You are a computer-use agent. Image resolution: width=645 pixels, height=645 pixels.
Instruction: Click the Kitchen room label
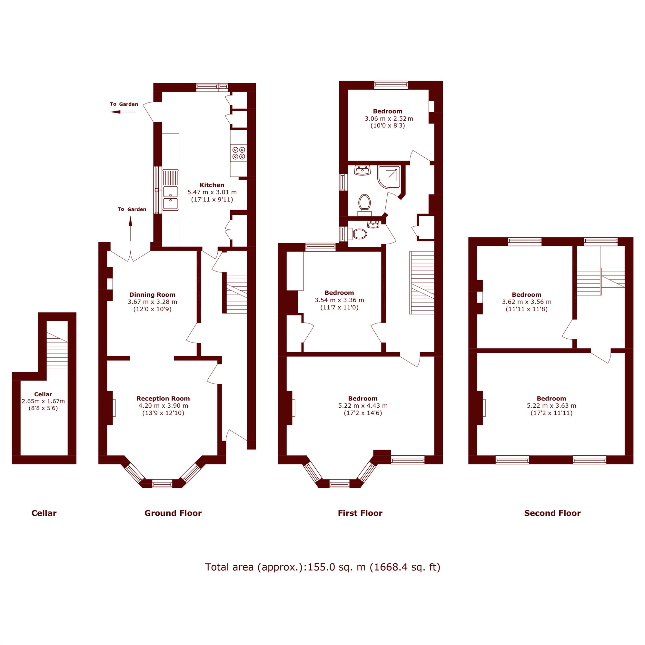pos(212,185)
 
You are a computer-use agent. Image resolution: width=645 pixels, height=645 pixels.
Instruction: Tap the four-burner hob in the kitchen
pos(239,153)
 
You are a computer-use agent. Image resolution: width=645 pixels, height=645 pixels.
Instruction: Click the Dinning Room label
pos(152,294)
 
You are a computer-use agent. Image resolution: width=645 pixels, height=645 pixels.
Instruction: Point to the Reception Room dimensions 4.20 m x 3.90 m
pos(163,406)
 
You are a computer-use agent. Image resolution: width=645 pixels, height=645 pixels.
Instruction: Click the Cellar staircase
pos(57,351)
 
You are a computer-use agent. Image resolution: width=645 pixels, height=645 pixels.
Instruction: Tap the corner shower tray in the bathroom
pos(389,177)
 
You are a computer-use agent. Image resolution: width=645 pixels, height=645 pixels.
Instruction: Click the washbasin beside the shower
pos(362,170)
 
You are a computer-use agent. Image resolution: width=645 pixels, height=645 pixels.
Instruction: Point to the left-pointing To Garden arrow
pos(123,112)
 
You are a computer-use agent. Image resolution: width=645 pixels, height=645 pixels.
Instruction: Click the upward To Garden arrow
pos(131,229)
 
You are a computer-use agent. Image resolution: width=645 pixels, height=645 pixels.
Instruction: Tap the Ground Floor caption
pos(173,513)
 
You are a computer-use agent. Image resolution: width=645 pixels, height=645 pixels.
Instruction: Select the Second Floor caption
pos(552,513)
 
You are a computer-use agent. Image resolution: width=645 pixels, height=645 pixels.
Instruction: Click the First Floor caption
pos(360,513)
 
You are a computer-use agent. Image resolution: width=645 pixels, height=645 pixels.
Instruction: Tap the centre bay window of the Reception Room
pos(162,483)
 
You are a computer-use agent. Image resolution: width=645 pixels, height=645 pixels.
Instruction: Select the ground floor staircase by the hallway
pos(237,294)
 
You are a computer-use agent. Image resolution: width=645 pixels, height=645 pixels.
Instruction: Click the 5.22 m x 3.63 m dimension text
pos(551,406)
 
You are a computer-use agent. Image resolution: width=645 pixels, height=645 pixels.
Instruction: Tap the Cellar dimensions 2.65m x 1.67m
pos(43,401)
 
